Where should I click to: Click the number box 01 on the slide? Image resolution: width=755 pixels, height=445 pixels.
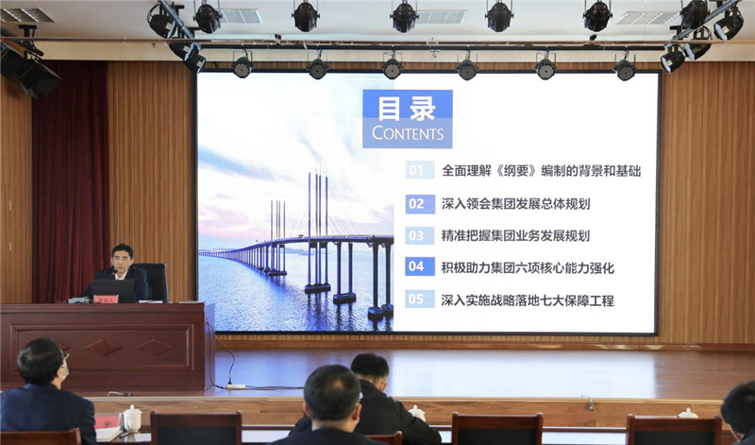(x=420, y=170)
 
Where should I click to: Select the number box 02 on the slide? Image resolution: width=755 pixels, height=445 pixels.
(x=420, y=203)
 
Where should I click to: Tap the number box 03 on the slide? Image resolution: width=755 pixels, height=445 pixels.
(x=420, y=236)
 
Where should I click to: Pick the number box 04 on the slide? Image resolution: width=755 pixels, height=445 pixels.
(x=420, y=266)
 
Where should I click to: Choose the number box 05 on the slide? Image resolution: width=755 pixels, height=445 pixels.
(x=420, y=300)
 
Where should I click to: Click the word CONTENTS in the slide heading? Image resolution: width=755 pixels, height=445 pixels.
(x=408, y=133)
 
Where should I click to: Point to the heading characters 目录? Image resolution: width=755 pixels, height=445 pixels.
(x=407, y=108)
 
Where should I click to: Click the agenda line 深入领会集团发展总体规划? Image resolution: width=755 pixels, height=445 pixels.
(x=515, y=204)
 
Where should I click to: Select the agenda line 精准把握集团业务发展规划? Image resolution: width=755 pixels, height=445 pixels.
(x=515, y=236)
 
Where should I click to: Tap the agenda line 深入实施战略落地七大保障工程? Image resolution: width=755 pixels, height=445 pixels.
(x=528, y=300)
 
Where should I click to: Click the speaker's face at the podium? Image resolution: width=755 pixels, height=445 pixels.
(x=123, y=260)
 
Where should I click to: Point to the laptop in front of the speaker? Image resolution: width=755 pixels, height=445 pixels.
(x=113, y=290)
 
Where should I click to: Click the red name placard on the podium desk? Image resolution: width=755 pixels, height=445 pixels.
(x=106, y=299)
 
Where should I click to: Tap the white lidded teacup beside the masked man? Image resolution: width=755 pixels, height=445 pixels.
(x=132, y=418)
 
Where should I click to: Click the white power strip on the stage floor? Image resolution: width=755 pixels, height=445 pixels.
(x=236, y=386)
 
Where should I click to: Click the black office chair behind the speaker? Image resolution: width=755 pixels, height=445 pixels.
(x=154, y=282)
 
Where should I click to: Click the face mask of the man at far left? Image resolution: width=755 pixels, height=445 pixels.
(x=64, y=372)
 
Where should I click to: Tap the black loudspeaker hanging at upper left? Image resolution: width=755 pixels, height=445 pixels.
(x=34, y=74)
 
